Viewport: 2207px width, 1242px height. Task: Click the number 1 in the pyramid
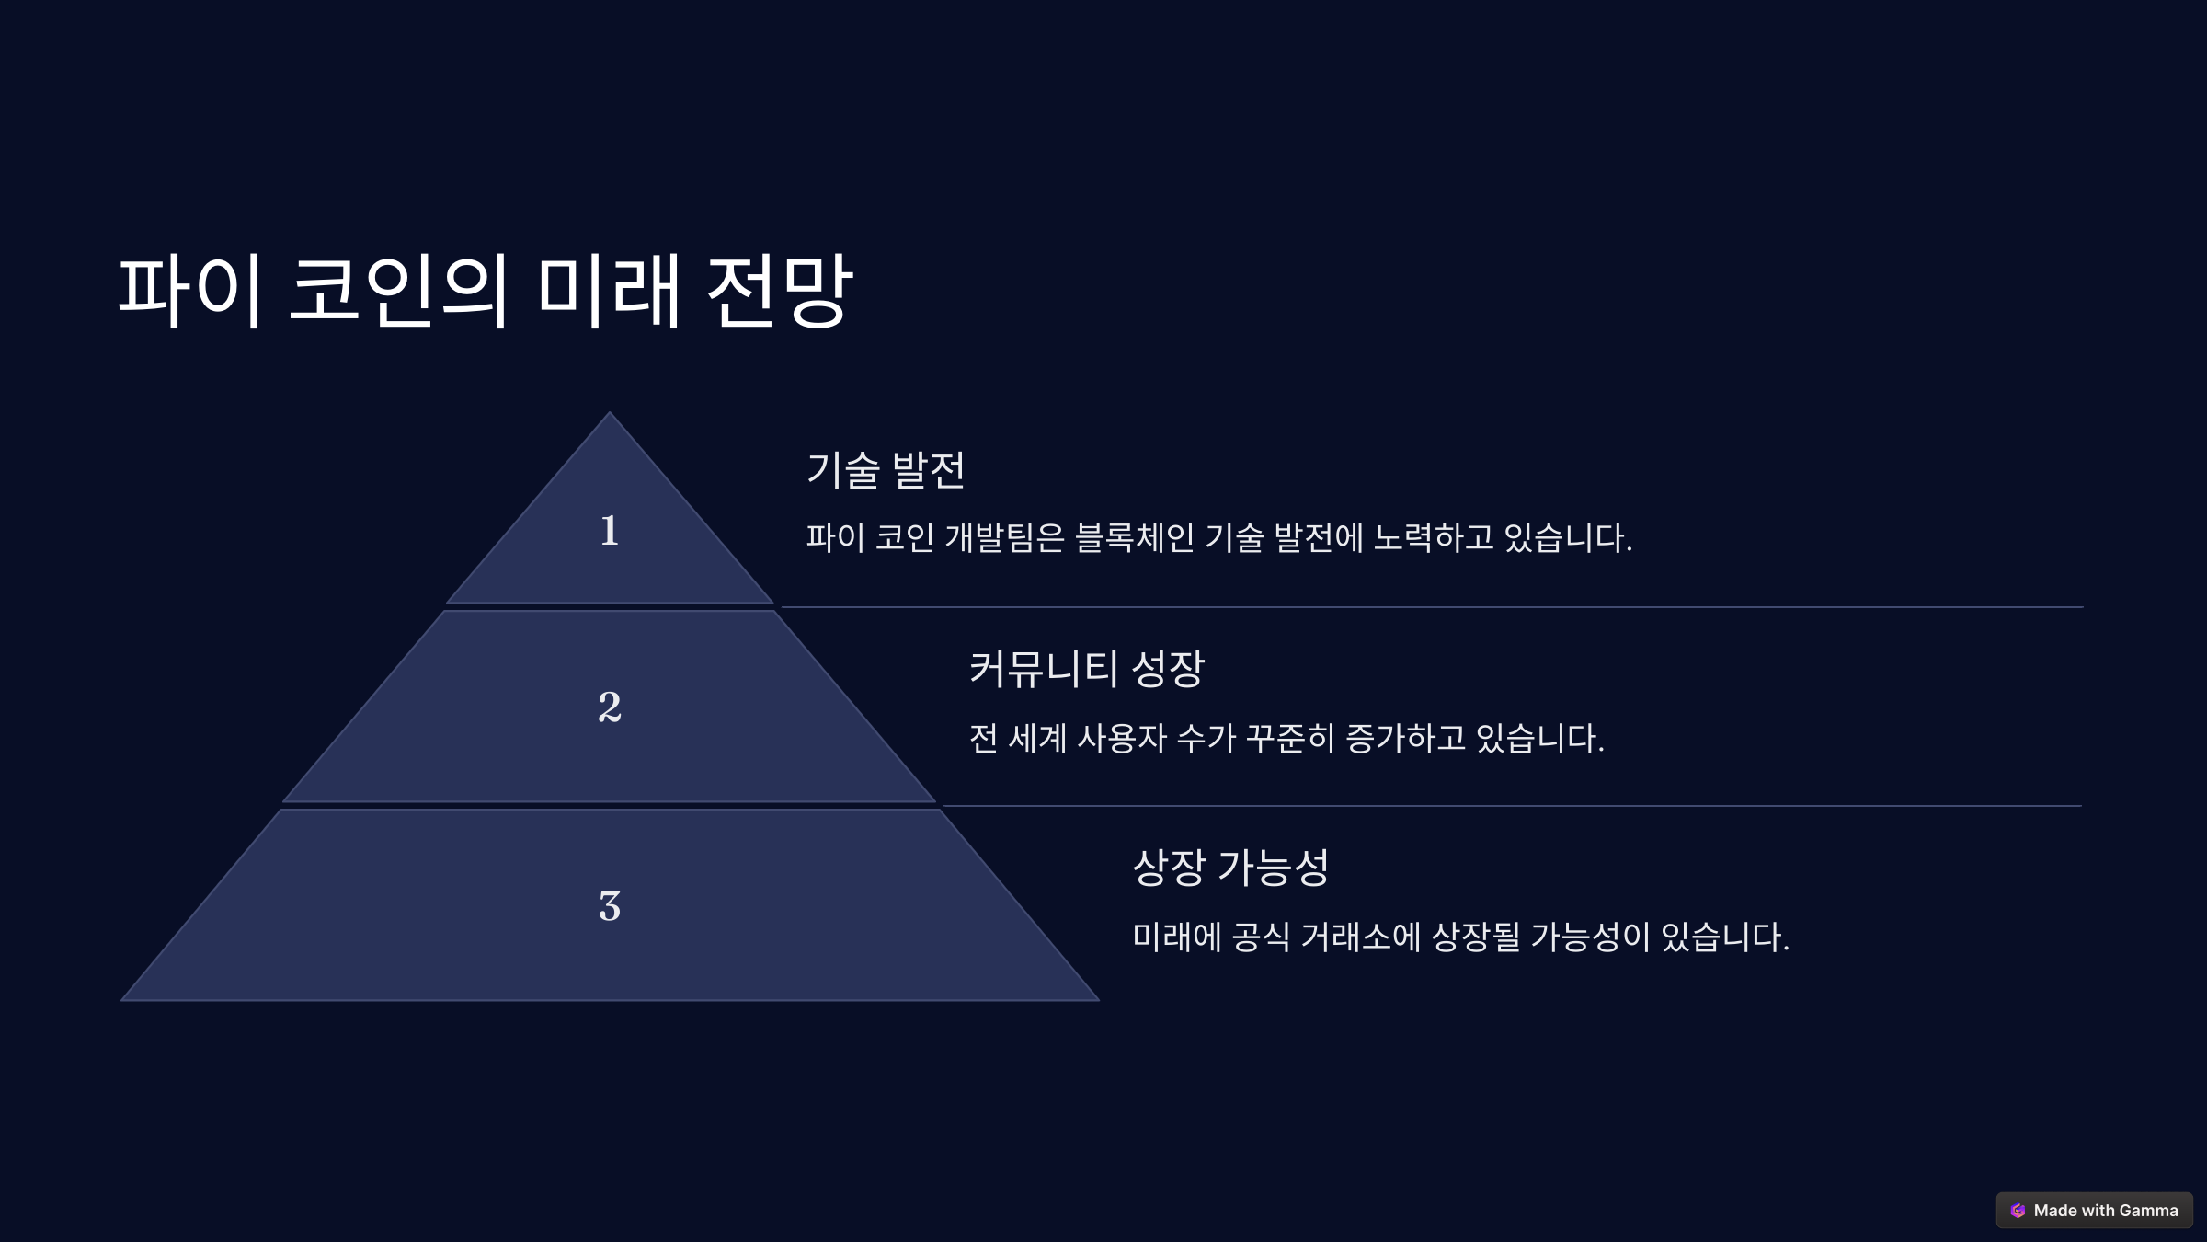[609, 531]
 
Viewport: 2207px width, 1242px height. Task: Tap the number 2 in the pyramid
[609, 707]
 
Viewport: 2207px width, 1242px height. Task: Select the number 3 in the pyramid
[609, 906]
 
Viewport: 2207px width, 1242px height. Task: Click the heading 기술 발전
[886, 469]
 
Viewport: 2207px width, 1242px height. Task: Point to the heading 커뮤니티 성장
[1086, 669]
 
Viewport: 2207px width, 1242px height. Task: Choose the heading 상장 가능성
[1230, 868]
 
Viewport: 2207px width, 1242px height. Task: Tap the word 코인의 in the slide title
[398, 291]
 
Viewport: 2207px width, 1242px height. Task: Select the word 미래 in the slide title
[608, 291]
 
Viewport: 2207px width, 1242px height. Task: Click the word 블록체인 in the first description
[1134, 538]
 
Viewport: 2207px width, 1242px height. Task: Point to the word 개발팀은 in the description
[1004, 538]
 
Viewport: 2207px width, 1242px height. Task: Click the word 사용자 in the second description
[1121, 739]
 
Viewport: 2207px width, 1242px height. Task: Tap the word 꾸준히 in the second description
[1289, 739]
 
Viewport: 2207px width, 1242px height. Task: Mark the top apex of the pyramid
[609, 414]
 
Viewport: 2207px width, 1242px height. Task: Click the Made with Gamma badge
[2094, 1211]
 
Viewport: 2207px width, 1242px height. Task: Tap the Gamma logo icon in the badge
[2018, 1211]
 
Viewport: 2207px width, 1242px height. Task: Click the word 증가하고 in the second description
[1405, 739]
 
